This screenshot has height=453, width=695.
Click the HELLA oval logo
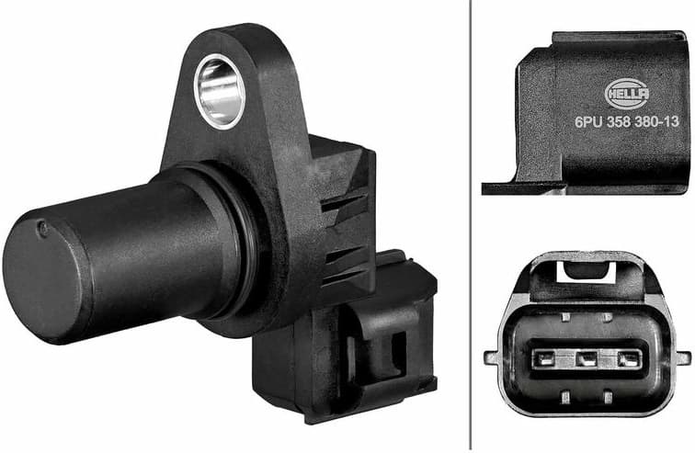(628, 92)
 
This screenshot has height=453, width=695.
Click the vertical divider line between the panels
(470, 226)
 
